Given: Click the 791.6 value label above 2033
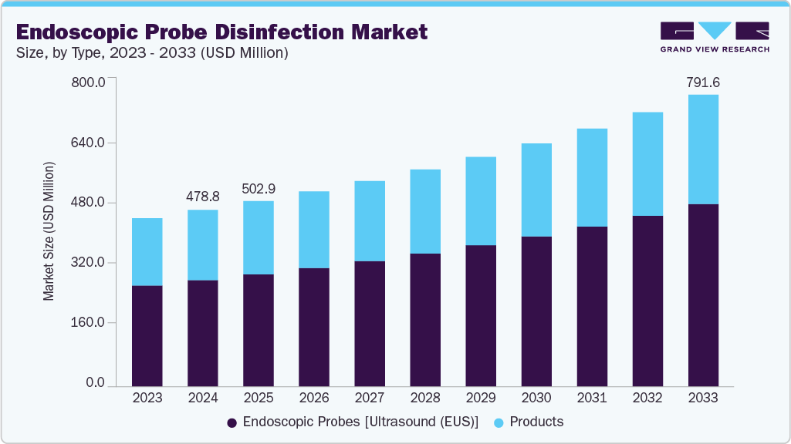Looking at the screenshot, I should (x=703, y=82).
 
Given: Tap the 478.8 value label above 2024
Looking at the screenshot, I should (x=203, y=197).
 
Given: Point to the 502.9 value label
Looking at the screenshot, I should (x=259, y=188).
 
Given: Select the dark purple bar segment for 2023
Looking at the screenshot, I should (x=147, y=335).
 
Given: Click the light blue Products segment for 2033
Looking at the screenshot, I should (x=703, y=150).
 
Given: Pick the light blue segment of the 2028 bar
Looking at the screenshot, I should (x=425, y=211).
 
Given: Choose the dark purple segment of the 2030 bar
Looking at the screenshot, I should (x=536, y=311).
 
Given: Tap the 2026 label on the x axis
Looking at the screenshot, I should (x=314, y=398).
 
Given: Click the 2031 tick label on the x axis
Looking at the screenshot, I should (x=592, y=398).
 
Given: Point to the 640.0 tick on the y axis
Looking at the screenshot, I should (x=89, y=143).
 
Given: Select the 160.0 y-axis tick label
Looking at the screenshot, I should (x=89, y=322).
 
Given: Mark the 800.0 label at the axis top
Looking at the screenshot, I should (x=89, y=82).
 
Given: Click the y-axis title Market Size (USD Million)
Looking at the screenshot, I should (x=49, y=231).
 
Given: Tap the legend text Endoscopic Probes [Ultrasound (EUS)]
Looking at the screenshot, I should (x=360, y=422).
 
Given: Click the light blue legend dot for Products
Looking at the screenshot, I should (x=498, y=422).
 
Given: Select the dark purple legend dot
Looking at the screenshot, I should (x=232, y=422).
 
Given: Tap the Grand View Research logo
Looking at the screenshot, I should (x=715, y=36).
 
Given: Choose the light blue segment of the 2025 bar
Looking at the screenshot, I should (x=259, y=237).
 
